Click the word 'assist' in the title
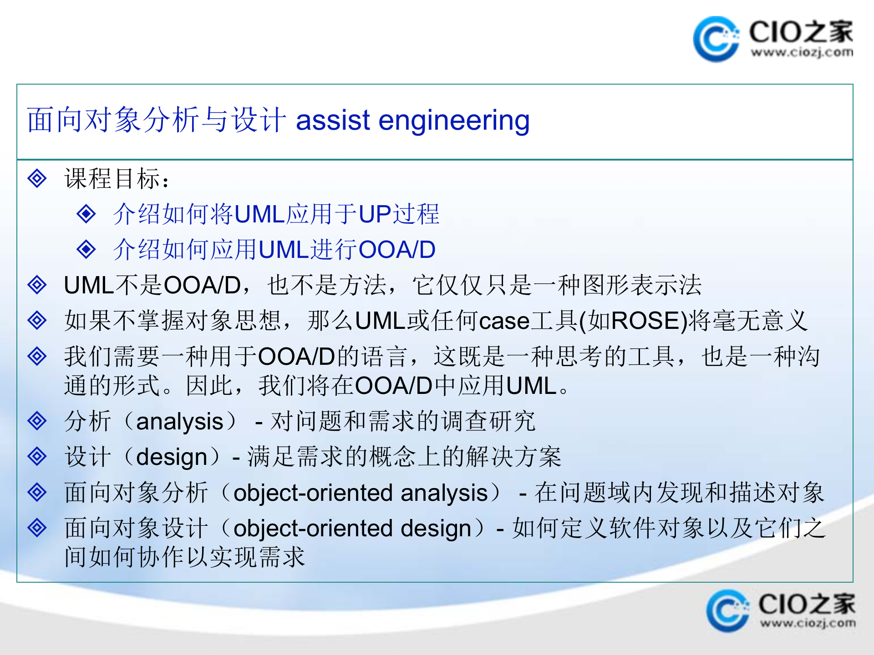(333, 121)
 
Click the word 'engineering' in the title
(454, 121)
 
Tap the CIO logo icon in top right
(715, 39)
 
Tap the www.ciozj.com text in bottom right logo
(807, 623)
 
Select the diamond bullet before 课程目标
(37, 178)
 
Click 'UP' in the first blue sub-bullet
(375, 214)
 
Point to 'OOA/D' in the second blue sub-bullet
(397, 249)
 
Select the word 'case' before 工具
(504, 321)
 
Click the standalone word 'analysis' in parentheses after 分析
(179, 422)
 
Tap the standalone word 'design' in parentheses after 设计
(172, 457)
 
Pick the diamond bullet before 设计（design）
(37, 456)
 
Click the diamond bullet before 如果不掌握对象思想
(37, 320)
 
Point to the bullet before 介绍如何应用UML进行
(86, 249)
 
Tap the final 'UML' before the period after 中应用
(532, 386)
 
